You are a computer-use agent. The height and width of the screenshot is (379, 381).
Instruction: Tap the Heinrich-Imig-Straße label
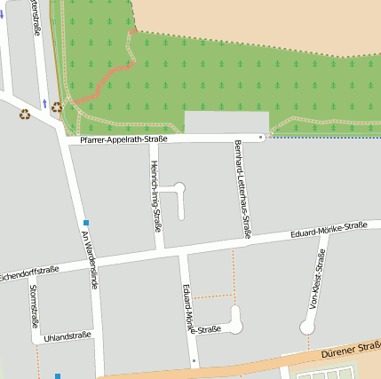[155, 196]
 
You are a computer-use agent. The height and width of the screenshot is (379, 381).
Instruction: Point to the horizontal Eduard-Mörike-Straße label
[329, 231]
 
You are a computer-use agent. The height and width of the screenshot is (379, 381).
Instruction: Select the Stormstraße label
[34, 306]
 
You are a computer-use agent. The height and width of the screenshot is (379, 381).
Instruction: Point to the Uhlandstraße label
[67, 336]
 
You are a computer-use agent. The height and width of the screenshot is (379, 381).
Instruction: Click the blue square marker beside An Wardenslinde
[85, 222]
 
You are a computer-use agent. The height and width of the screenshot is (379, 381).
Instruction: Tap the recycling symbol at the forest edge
[57, 107]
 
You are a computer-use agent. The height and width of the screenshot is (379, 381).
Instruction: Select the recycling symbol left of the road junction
[26, 114]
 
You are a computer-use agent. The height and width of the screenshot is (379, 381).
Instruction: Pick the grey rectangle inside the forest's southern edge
[226, 123]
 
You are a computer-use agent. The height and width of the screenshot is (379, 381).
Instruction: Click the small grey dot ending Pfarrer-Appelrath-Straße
[260, 138]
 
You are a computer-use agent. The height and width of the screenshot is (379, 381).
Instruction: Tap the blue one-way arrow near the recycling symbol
[44, 104]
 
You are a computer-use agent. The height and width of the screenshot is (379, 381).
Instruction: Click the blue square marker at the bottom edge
[58, 375]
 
